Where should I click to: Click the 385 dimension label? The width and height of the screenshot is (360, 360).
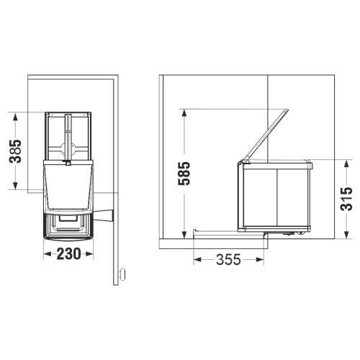click(x=15, y=151)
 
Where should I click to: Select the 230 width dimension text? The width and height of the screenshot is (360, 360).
click(x=68, y=253)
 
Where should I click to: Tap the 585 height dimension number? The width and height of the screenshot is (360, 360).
click(x=184, y=174)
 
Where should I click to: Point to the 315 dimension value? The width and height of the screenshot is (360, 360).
click(x=346, y=199)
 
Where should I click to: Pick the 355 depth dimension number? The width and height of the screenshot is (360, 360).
click(x=228, y=259)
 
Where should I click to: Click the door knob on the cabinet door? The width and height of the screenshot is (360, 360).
click(x=122, y=274)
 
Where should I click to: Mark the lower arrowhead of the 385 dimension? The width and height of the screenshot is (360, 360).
click(x=15, y=184)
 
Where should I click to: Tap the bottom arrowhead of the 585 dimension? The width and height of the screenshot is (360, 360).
click(x=184, y=234)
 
